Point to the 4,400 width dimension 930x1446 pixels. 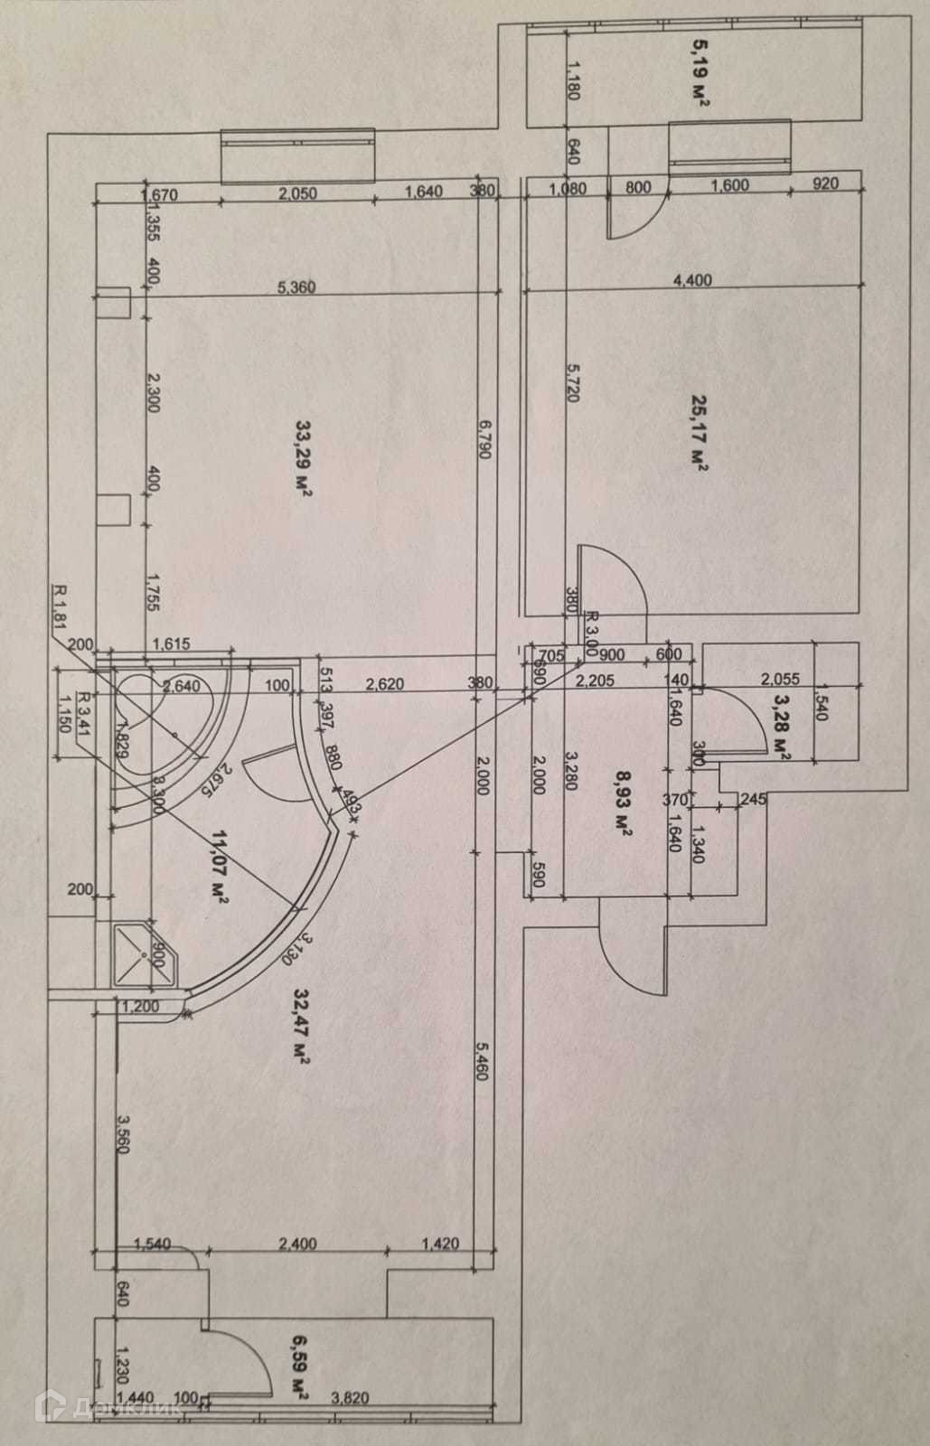tap(693, 280)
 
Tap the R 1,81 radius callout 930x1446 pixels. tap(61, 609)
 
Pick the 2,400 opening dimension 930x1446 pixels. tap(297, 1244)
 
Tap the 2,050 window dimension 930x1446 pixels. tap(297, 192)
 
